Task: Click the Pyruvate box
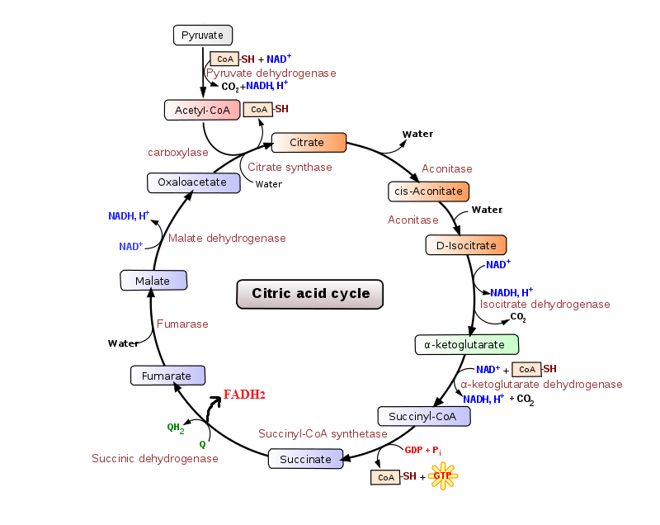[203, 35]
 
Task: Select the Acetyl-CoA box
[202, 110]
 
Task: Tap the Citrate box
[309, 143]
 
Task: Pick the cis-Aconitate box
[428, 191]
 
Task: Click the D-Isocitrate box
[466, 245]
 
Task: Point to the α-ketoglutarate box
[466, 343]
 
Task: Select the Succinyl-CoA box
[424, 416]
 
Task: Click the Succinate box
[305, 459]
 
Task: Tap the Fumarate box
[167, 376]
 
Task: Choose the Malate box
[153, 281]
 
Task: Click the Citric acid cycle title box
[310, 293]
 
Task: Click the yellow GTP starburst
[443, 475]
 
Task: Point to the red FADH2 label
[244, 395]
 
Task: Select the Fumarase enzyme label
[183, 324]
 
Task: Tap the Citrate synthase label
[290, 167]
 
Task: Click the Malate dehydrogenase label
[227, 238]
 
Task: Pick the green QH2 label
[175, 428]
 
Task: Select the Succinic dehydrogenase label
[155, 458]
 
